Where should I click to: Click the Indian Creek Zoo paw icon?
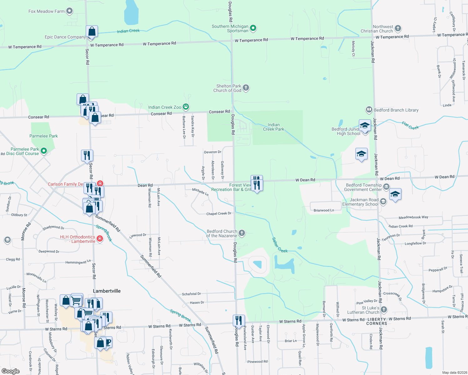186,107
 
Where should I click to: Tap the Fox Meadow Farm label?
46,11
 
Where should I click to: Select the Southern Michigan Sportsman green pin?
253,28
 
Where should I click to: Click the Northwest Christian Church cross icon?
398,28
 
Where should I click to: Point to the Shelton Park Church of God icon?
246,88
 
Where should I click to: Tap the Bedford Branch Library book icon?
369,110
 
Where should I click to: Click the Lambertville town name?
107,291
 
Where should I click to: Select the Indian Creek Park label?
273,127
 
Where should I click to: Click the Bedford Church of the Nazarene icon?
242,233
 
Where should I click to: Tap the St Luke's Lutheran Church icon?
384,310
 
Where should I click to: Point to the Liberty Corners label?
377,322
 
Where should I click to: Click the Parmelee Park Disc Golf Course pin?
44,151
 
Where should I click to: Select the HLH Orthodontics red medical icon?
100,239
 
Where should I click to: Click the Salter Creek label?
279,245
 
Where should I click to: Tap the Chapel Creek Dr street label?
219,214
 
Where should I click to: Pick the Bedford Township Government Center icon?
386,187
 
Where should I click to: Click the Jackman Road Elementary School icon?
383,202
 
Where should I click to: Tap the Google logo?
11,371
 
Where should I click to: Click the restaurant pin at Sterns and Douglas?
239,321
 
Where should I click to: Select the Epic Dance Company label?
65,37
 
